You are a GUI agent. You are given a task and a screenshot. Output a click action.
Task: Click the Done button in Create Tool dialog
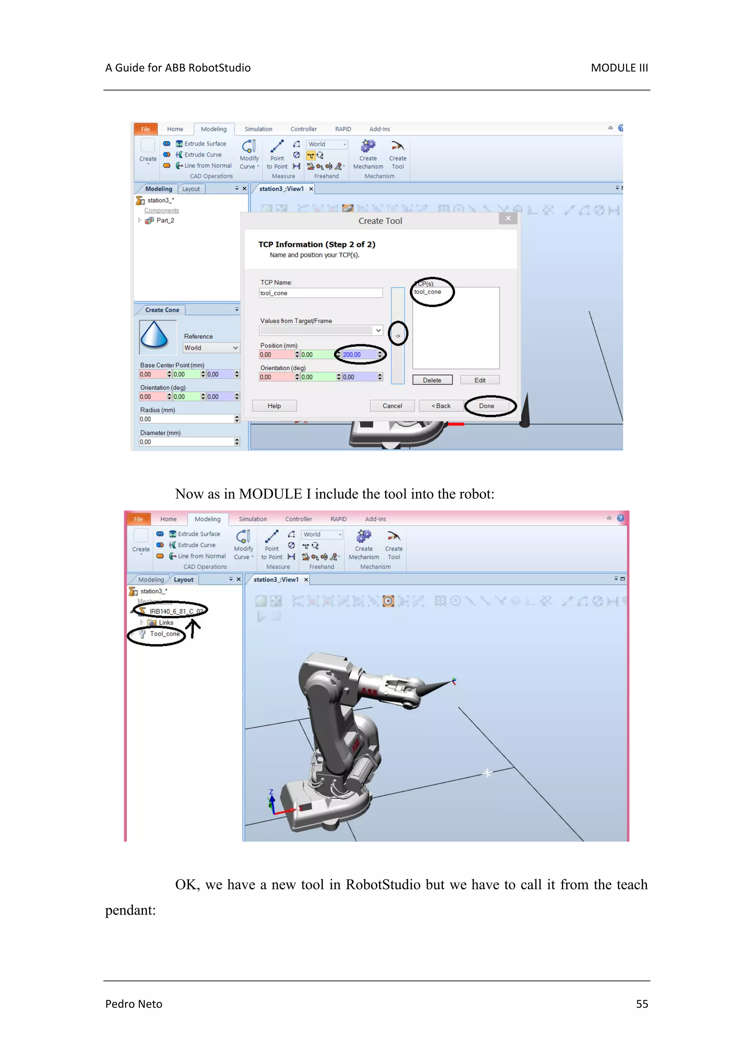coord(487,406)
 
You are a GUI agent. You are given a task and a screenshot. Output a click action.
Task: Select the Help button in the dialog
coord(274,406)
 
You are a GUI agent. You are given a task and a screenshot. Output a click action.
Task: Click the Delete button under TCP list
coord(432,380)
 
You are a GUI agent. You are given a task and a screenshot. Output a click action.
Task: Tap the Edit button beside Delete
coord(479,380)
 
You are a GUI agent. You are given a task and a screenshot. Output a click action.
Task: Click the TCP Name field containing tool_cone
coord(320,293)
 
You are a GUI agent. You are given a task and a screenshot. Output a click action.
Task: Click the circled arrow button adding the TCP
coord(398,336)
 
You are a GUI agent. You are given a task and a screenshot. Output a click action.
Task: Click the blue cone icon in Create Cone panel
coord(155,336)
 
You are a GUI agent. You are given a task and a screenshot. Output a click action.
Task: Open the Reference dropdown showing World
coord(211,348)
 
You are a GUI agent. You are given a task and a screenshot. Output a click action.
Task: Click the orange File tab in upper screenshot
coord(145,129)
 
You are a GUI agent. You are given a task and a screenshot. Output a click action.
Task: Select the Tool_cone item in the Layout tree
coord(164,634)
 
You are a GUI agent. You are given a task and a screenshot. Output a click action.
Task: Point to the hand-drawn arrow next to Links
coord(193,629)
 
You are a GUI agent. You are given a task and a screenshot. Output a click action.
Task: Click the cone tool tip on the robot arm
coord(451,681)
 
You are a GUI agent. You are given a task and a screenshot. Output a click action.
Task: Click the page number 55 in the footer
coord(642,1004)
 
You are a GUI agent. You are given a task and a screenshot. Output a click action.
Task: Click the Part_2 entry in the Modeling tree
coord(165,220)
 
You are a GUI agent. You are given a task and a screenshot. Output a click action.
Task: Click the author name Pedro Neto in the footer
coord(134,1004)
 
